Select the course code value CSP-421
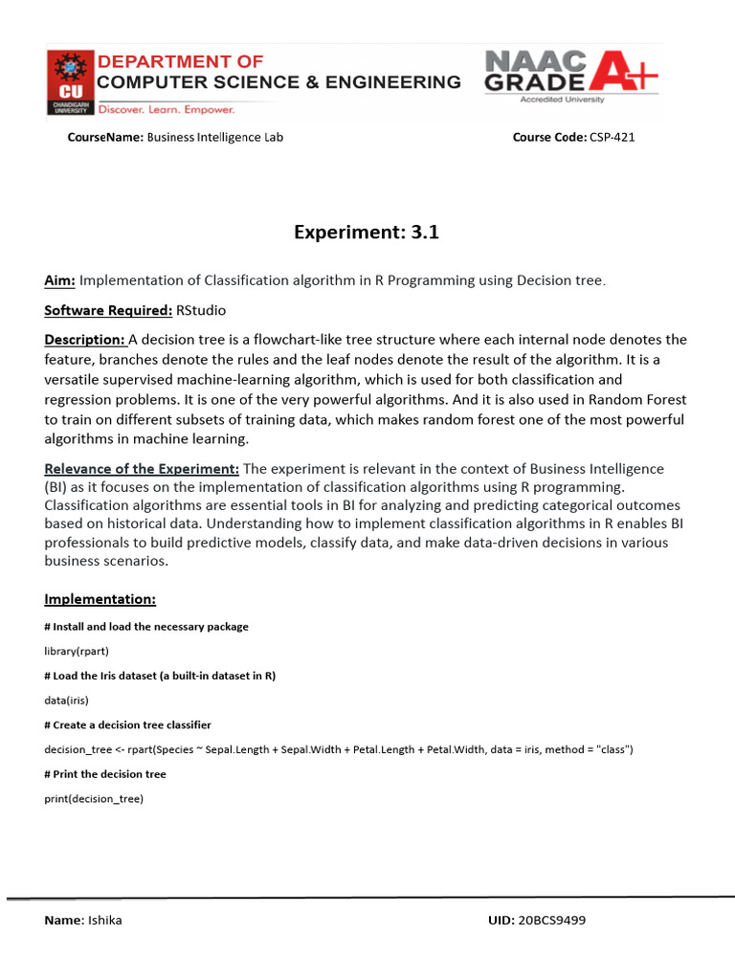click(x=612, y=137)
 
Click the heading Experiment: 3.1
click(x=367, y=232)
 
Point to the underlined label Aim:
click(x=60, y=280)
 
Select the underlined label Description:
click(x=85, y=340)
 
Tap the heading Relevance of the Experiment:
click(x=142, y=468)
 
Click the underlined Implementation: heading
click(x=100, y=599)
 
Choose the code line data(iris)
click(x=66, y=700)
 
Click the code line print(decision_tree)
click(x=94, y=798)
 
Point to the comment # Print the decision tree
click(x=105, y=774)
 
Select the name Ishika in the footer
click(x=104, y=921)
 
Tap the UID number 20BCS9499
click(x=551, y=921)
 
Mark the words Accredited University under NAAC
click(x=568, y=99)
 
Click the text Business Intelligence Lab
click(x=214, y=137)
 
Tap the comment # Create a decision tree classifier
click(x=128, y=724)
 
